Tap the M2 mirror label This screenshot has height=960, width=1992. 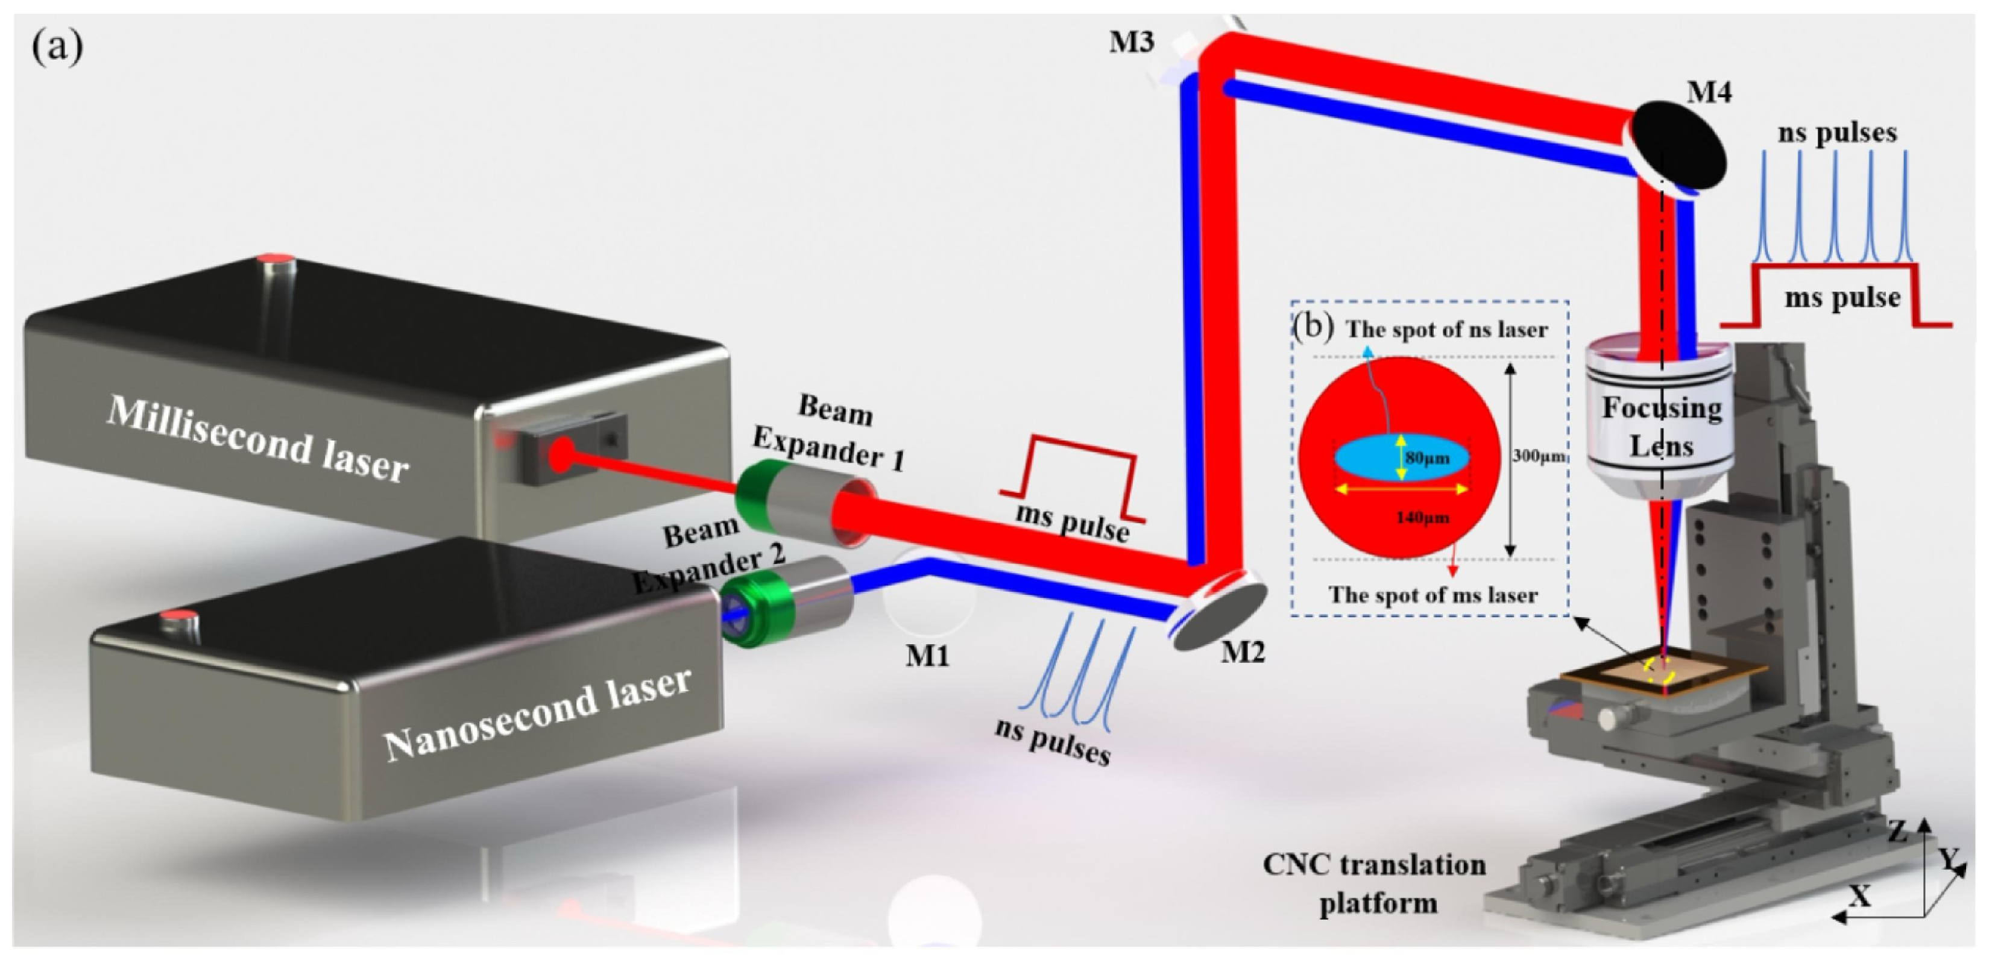coord(1243,653)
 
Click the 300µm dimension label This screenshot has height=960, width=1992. coord(1538,457)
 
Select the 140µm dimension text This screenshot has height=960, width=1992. coord(1422,517)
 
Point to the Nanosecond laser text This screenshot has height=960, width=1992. coord(537,712)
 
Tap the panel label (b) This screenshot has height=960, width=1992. coord(1314,326)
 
